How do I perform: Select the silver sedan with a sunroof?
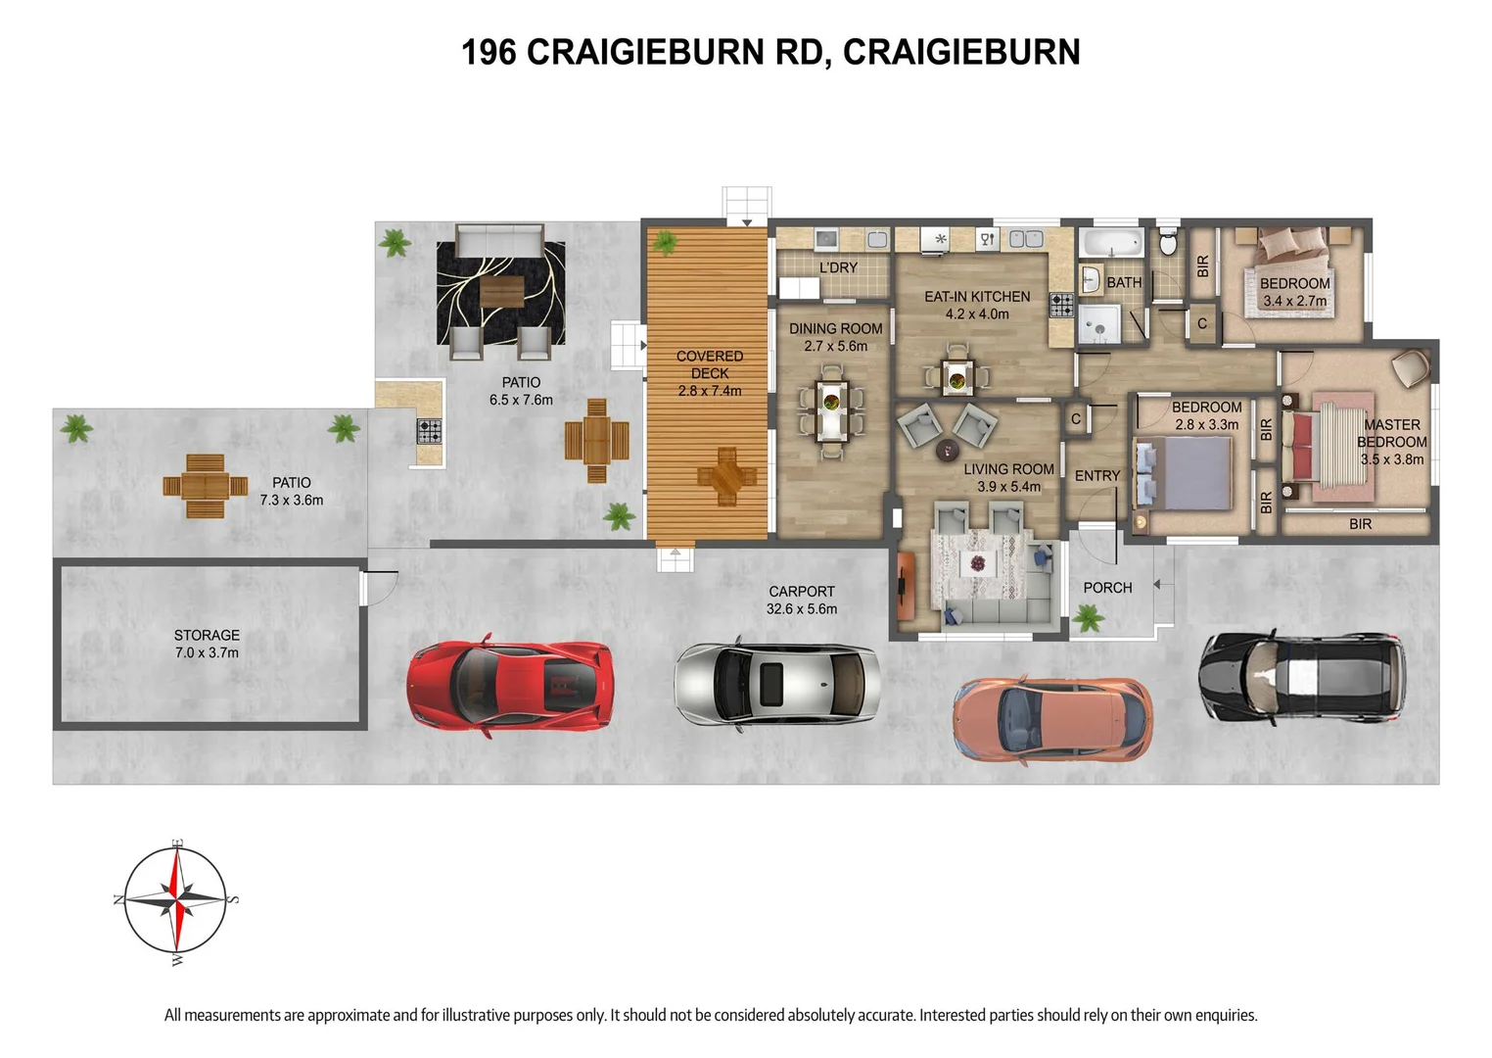(776, 683)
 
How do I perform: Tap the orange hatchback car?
(1052, 719)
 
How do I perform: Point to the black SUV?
(1301, 677)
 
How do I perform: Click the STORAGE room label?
(207, 635)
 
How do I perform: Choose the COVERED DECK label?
(709, 364)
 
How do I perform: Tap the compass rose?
(176, 900)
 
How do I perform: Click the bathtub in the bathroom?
(1111, 243)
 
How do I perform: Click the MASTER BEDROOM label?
(1391, 433)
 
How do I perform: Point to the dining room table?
(831, 409)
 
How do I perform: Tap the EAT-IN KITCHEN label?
(976, 296)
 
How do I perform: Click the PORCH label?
(1107, 588)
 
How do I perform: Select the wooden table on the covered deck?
(726, 476)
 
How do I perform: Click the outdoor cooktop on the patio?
(429, 431)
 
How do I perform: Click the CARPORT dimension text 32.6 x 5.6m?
(801, 608)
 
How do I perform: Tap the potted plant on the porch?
(1087, 617)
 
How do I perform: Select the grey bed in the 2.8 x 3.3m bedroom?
(1183, 473)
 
